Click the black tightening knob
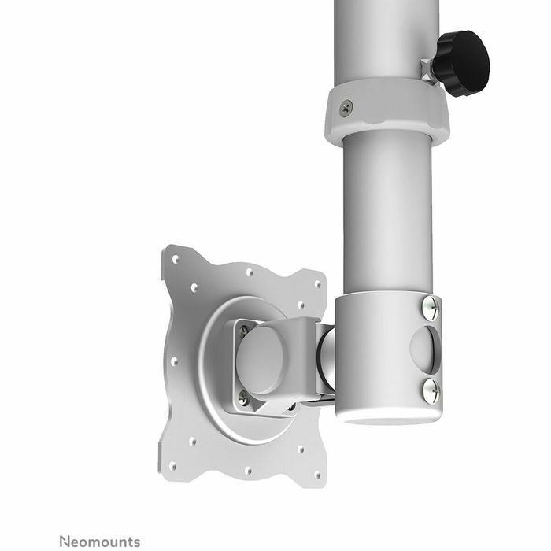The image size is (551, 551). pyautogui.click(x=462, y=63)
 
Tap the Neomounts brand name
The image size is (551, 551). pyautogui.click(x=99, y=541)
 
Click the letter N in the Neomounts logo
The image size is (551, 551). pyautogui.click(x=65, y=541)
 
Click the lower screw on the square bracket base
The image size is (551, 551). pyautogui.click(x=243, y=399)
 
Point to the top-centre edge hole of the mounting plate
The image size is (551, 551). pyautogui.click(x=249, y=272)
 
